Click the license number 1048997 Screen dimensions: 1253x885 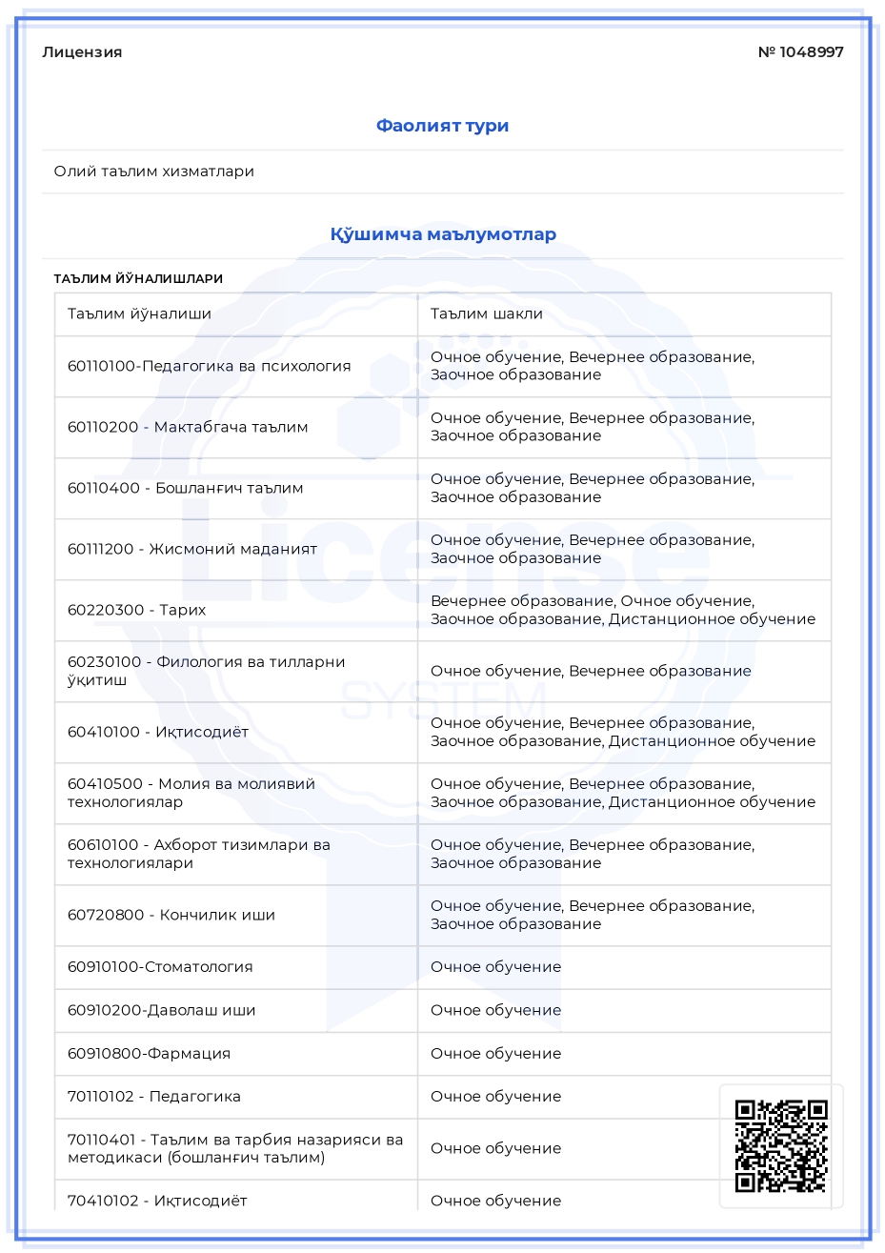801,52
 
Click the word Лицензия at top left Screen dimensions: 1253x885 82,52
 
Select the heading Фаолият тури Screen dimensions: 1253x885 442,126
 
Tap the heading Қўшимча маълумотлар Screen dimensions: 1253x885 443,234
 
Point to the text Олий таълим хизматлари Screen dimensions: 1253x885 154,172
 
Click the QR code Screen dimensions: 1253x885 781,1146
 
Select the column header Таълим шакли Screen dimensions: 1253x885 487,313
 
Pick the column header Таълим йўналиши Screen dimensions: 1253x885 139,313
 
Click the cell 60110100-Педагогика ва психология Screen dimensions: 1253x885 209,366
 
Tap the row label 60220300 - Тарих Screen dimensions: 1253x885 136,610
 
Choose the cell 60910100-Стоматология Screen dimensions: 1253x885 160,967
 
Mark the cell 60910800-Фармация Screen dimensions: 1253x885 149,1054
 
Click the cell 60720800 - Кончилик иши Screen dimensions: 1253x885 171,915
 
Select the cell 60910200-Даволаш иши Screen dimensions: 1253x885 161,1010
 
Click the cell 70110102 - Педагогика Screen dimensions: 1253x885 154,1097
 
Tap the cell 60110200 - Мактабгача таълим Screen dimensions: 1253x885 188,427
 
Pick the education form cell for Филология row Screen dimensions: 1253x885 591,671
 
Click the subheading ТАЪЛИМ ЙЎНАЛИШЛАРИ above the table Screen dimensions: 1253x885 138,279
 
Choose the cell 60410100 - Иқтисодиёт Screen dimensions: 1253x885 158,732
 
